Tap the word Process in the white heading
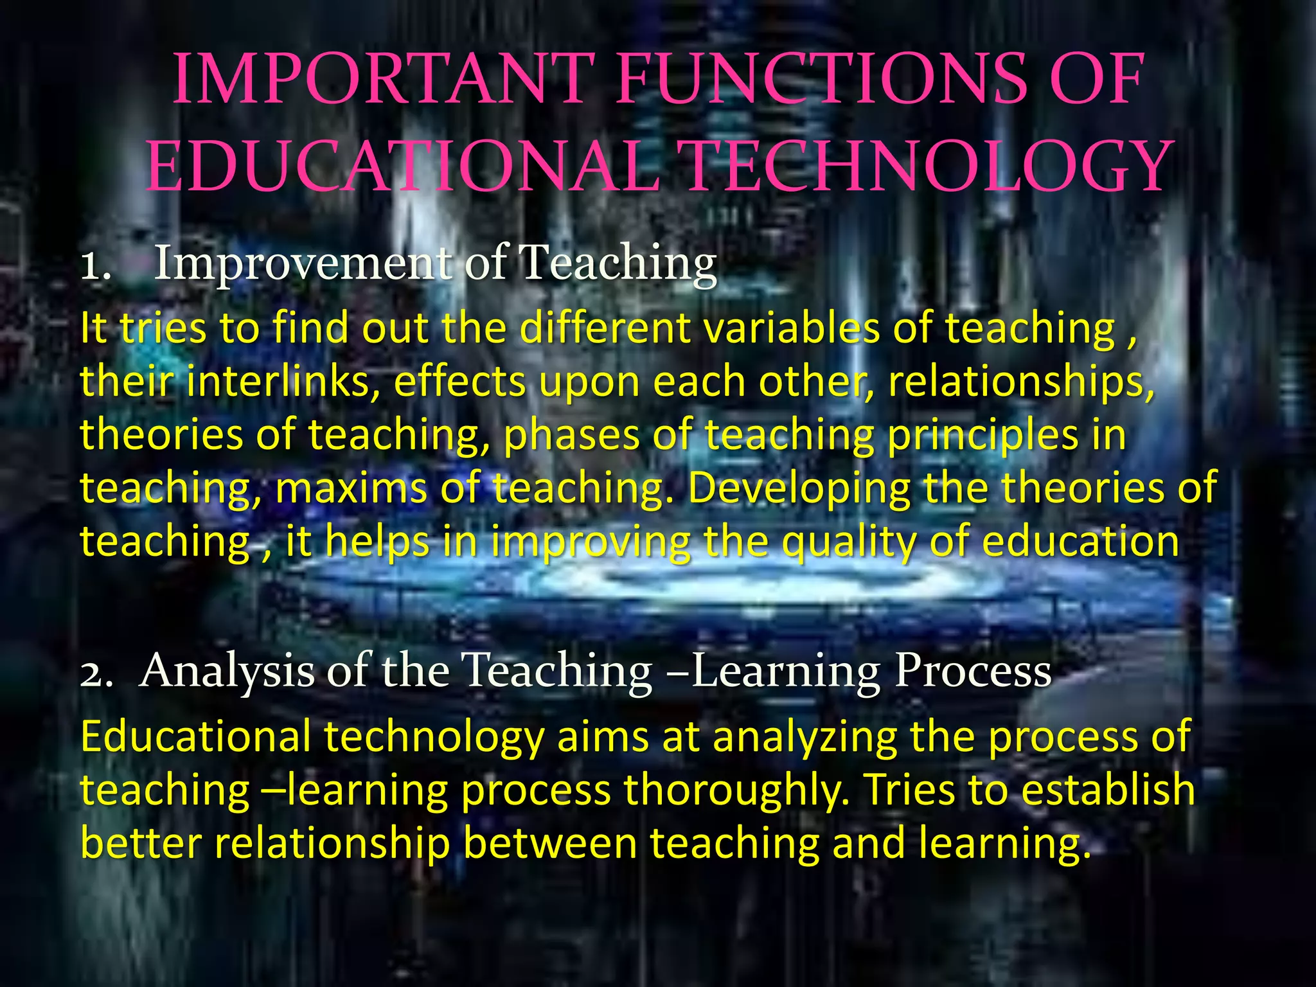[973, 671]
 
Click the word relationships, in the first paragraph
[1022, 382]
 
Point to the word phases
[571, 436]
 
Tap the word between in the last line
[550, 844]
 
